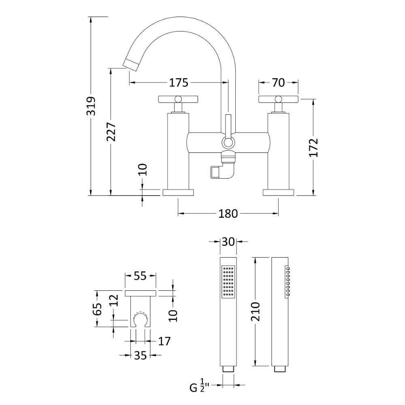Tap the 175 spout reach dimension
179,83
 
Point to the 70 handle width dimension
278,83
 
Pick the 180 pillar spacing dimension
228,213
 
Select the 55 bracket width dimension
140,276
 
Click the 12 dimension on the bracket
114,300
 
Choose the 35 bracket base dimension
140,356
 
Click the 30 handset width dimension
228,242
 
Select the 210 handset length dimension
256,311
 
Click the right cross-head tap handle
278,98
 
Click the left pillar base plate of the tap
179,192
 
